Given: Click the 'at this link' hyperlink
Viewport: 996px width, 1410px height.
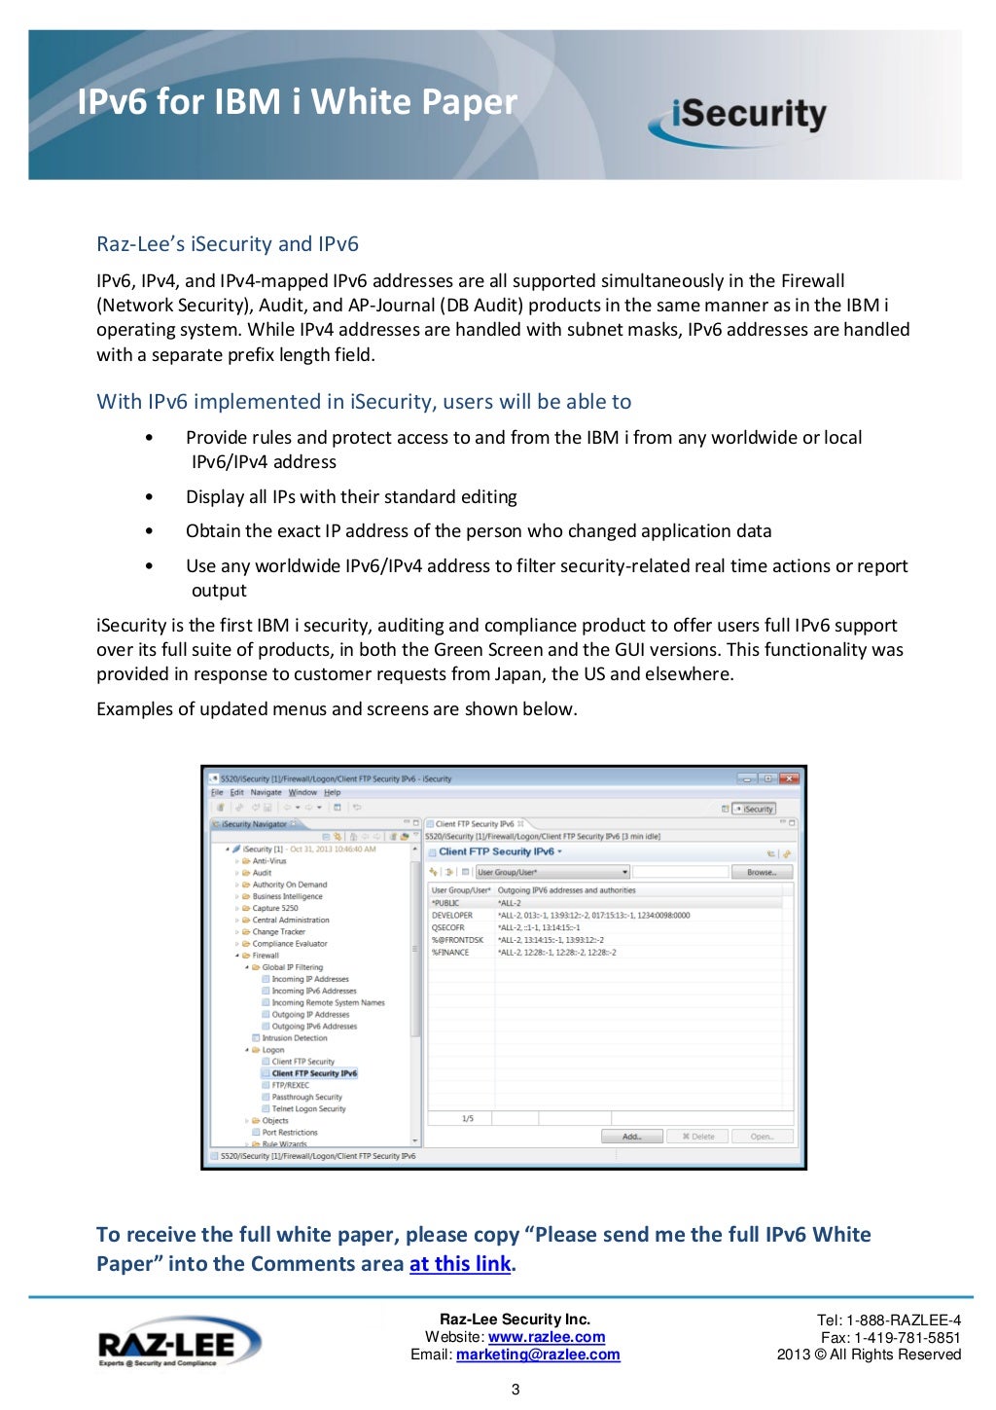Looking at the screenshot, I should coord(459,1264).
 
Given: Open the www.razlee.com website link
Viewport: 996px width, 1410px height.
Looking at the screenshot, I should coord(546,1337).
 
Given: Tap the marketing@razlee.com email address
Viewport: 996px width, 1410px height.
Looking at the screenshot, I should coord(537,1355).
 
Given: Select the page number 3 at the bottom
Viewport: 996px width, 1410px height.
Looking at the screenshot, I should coord(516,1390).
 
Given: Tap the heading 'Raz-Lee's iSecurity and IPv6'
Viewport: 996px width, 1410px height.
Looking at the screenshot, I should coord(228,244).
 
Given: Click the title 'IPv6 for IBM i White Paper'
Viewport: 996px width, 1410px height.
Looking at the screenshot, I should coord(297,102).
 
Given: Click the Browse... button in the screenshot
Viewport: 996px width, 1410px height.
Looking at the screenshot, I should coord(762,873).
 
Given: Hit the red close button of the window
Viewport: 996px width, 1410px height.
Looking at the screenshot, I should coord(789,778).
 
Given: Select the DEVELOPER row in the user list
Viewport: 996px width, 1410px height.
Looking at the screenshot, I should coord(452,916).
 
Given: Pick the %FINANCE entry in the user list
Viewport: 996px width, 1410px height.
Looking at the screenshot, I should coord(450,953).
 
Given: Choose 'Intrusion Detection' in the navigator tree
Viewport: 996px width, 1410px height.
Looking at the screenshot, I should coord(295,1038).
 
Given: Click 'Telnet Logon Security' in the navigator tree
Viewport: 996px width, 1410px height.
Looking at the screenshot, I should coord(308,1109).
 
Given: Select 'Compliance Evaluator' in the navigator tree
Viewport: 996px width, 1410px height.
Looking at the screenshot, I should coord(290,944).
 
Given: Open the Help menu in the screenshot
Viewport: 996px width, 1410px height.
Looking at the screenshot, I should coord(333,793).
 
